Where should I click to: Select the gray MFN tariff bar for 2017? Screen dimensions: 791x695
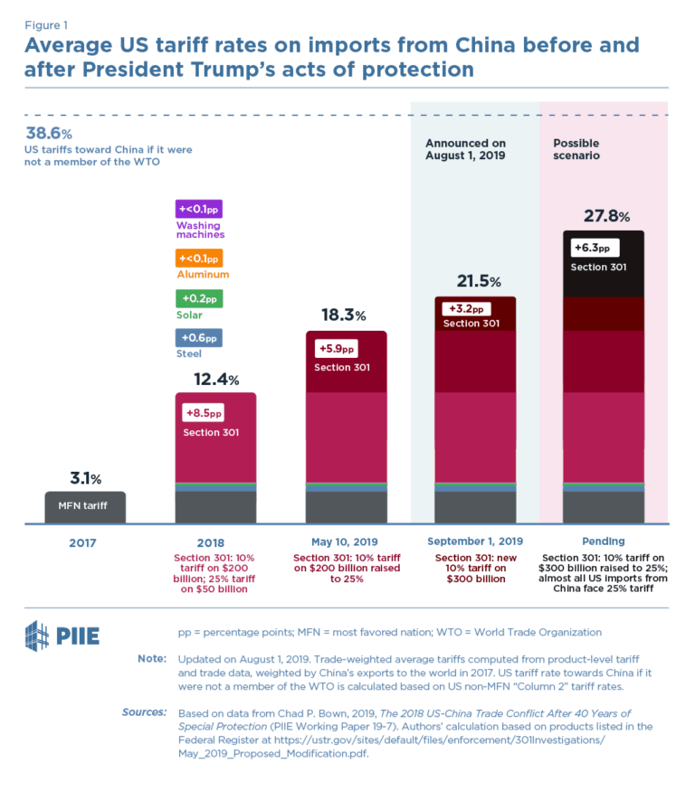(x=85, y=507)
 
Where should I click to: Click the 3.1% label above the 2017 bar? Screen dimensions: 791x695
(x=85, y=477)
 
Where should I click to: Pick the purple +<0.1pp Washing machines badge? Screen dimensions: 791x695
(x=198, y=209)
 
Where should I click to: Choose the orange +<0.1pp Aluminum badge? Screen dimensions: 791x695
(x=198, y=258)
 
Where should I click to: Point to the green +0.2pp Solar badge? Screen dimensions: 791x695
(x=198, y=298)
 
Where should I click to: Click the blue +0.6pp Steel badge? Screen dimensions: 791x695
(x=198, y=338)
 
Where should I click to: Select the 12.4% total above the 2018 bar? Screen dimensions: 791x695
(x=214, y=379)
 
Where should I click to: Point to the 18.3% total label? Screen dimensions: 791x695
(x=345, y=315)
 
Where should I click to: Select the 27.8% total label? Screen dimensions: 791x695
(x=605, y=216)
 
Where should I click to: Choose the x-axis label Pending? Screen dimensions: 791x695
(x=604, y=542)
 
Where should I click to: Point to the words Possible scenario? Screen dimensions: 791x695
(x=576, y=149)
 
